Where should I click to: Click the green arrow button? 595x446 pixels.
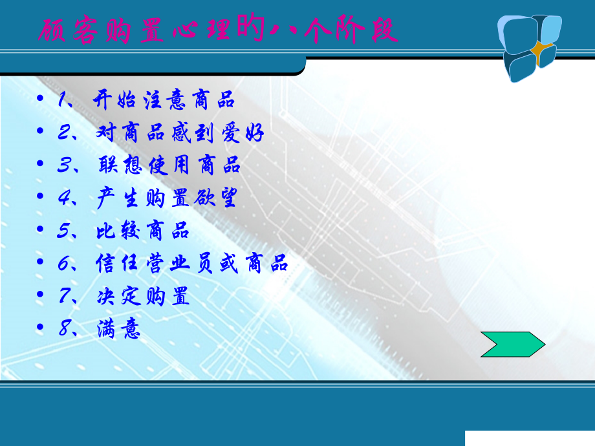513,344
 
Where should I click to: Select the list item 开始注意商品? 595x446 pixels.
164,101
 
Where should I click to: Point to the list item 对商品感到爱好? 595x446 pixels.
179,133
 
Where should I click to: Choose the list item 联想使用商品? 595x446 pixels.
169,165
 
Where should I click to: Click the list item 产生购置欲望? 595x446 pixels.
166,198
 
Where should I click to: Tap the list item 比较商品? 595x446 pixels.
142,231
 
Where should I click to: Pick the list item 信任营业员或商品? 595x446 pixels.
191,264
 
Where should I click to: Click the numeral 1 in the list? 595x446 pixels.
63,101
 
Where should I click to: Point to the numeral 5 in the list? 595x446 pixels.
63,231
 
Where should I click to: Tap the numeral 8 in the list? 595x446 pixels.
63,330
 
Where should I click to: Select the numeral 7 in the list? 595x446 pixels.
63,297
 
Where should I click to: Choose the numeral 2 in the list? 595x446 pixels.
63,133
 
